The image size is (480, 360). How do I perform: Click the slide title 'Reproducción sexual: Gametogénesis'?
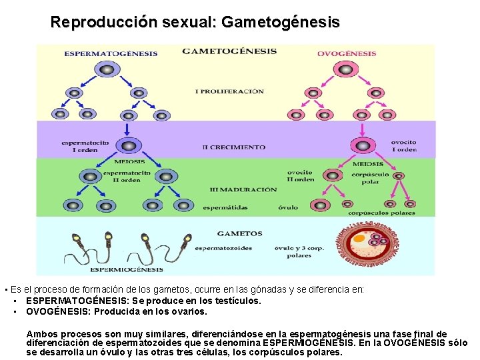(195, 22)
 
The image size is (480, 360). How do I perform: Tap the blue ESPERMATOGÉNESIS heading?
(111, 53)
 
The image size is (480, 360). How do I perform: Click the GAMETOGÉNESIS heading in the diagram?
(229, 51)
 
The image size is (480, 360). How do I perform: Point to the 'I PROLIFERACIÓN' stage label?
(229, 91)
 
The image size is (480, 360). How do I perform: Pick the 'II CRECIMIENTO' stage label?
(233, 147)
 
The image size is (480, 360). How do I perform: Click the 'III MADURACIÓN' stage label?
(234, 189)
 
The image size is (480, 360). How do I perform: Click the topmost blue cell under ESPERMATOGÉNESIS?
(106, 69)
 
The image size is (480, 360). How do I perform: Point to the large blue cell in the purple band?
(125, 145)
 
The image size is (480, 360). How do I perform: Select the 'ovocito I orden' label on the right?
(403, 145)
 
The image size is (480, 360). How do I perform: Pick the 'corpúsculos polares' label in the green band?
(381, 213)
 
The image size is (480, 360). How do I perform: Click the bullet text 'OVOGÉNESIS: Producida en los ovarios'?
(117, 311)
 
